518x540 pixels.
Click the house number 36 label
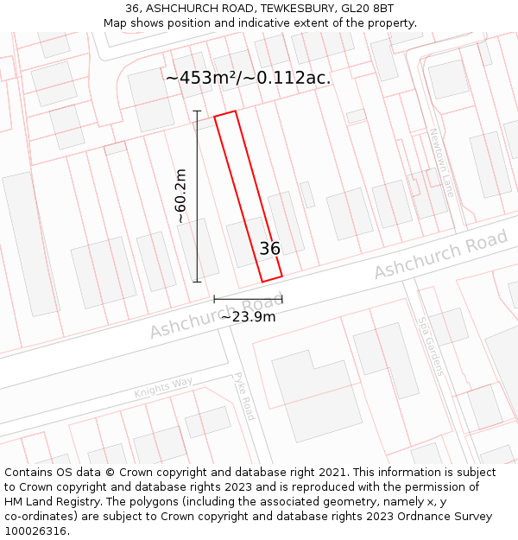[x=270, y=249]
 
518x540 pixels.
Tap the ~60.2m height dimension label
[x=180, y=196]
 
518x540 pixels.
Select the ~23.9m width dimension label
[x=248, y=316]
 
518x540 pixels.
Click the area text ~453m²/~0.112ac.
[x=249, y=78]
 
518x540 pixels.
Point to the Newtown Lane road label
[x=441, y=162]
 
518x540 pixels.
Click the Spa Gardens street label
[x=430, y=345]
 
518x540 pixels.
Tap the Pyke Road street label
[x=245, y=397]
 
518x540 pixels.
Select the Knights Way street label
[x=163, y=389]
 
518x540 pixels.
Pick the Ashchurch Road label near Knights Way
[x=216, y=318]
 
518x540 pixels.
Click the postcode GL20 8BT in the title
[x=368, y=8]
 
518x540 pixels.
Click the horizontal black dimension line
[x=248, y=300]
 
